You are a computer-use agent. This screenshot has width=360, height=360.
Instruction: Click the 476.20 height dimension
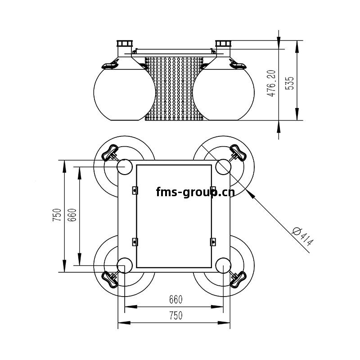point(272,83)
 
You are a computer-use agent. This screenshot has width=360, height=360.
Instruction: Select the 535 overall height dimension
point(289,83)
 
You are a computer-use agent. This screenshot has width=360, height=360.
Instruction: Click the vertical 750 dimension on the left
point(57,215)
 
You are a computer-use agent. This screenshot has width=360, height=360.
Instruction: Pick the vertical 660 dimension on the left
point(72,215)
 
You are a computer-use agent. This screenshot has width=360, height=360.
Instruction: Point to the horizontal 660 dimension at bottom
point(175,299)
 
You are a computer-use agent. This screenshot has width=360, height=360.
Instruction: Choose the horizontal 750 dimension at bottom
point(176,315)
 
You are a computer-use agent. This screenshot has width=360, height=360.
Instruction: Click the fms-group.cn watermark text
point(195,192)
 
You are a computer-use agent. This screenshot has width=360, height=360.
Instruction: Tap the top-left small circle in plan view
point(125,166)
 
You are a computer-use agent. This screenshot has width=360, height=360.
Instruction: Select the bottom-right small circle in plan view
point(223,265)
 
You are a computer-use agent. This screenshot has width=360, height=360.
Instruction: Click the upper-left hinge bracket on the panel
point(135,190)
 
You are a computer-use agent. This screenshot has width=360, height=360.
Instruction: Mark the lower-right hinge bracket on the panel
point(213,242)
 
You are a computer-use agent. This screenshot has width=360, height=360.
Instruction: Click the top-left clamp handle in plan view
point(110,153)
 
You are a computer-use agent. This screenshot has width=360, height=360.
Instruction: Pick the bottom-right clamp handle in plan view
point(238,279)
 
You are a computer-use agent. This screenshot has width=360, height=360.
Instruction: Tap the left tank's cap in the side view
point(125,43)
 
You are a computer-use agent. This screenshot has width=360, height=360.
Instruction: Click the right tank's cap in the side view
point(223,43)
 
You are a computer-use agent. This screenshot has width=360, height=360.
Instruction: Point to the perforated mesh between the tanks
point(174,89)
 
